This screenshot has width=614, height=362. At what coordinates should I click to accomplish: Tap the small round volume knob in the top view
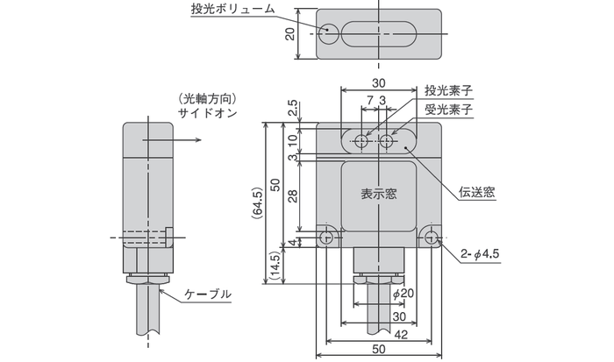click(x=327, y=32)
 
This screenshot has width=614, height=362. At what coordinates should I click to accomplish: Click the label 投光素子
click(x=449, y=90)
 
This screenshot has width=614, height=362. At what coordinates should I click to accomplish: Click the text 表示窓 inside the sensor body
click(x=379, y=195)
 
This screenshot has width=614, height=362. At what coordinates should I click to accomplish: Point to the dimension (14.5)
click(x=275, y=267)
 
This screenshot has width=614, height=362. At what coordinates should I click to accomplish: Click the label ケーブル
click(x=211, y=294)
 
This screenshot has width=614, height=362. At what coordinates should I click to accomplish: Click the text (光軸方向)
click(x=207, y=98)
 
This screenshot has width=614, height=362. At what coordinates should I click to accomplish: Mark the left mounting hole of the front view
click(x=328, y=237)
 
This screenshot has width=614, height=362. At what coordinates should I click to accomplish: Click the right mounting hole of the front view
click(x=430, y=237)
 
